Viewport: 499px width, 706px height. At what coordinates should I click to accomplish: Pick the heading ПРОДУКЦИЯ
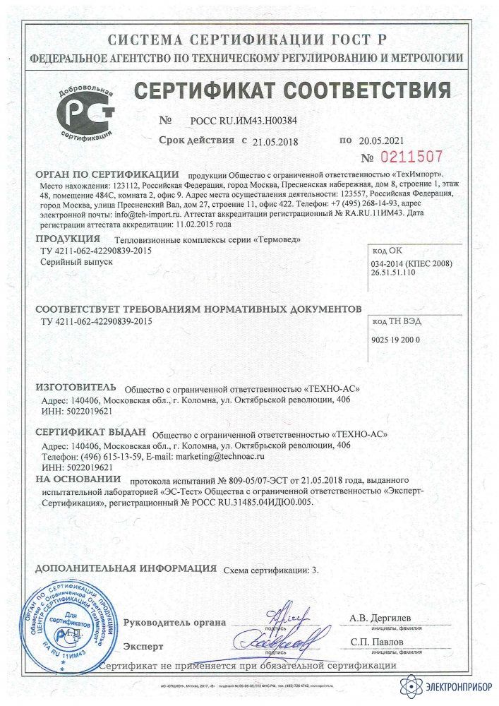68,239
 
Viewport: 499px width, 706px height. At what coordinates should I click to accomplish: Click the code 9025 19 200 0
395,340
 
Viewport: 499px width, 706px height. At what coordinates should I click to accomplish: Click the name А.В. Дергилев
380,618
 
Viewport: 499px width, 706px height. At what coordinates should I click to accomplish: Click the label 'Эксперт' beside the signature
143,645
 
